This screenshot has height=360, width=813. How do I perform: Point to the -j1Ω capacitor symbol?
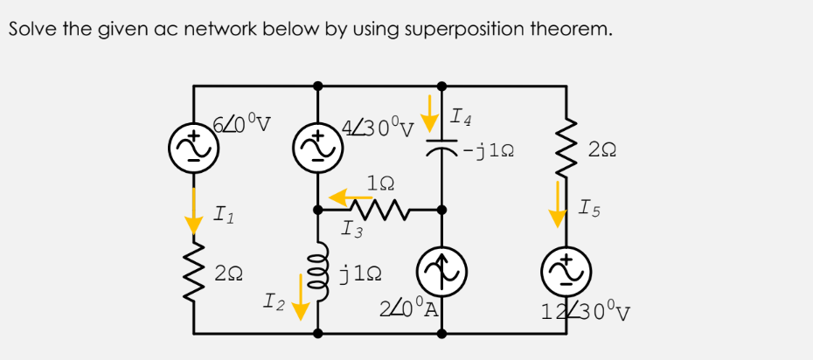click(x=441, y=149)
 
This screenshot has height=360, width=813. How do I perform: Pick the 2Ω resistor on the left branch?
click(x=193, y=271)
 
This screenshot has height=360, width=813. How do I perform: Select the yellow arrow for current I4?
click(x=430, y=109)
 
